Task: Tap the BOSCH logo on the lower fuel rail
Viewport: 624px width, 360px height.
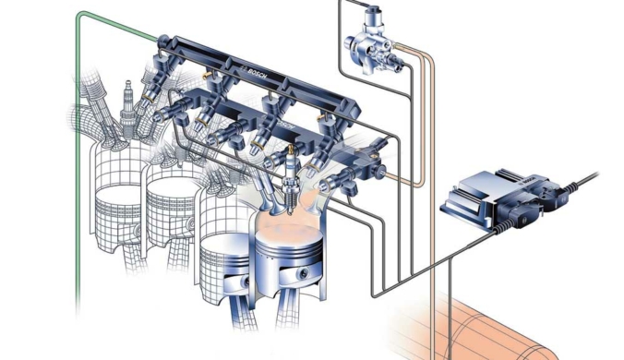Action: pos(286,126)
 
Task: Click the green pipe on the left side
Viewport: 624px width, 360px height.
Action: pos(78,159)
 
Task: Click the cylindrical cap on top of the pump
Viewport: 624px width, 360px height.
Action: pos(374,15)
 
